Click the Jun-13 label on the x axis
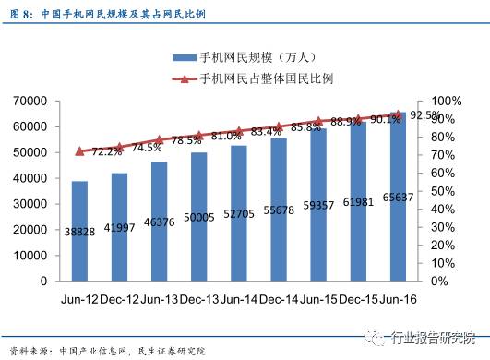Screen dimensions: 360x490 [x=159, y=299]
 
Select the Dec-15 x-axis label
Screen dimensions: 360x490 [x=357, y=299]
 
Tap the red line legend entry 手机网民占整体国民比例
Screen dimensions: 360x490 [x=253, y=78]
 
